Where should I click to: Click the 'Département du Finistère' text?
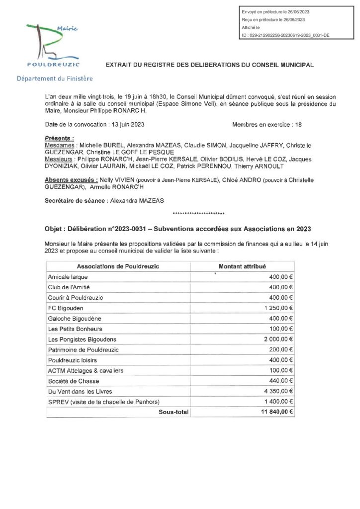coord(54,79)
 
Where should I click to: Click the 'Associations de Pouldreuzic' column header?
coord(118,266)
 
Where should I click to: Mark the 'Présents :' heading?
coord(59,138)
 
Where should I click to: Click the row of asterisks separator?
coord(198,214)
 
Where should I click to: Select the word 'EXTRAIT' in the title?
coord(119,65)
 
